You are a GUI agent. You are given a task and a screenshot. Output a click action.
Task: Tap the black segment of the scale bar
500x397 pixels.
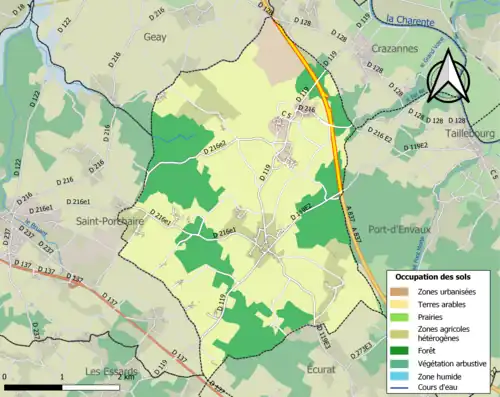33,386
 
